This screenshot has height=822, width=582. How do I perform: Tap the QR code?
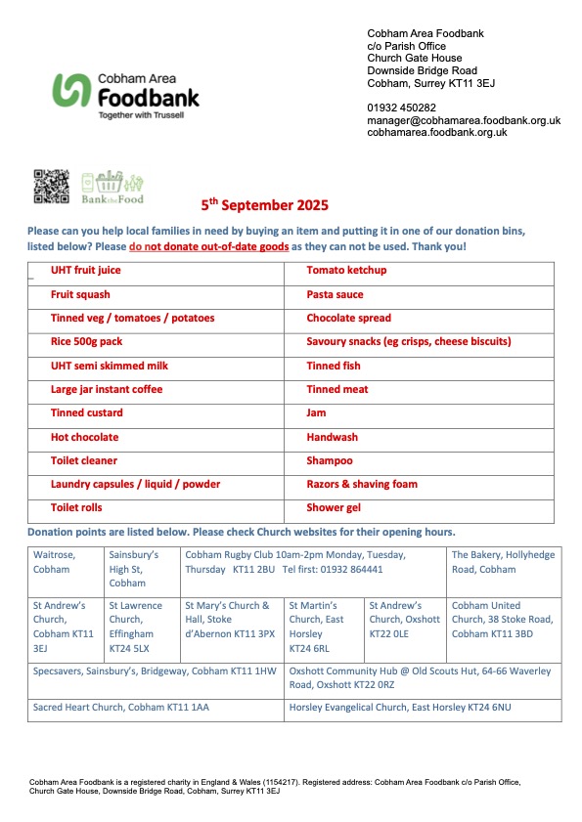pyautogui.click(x=52, y=187)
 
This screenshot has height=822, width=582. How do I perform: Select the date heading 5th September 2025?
pyautogui.click(x=264, y=205)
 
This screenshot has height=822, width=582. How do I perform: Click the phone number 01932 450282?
pyautogui.click(x=401, y=108)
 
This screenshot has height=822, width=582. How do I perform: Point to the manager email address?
pyautogui.click(x=463, y=120)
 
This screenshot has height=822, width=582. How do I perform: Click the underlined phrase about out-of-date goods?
pyautogui.click(x=208, y=247)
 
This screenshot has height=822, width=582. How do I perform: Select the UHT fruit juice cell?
pyautogui.click(x=86, y=271)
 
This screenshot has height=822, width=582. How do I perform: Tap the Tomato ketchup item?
pyautogui.click(x=346, y=271)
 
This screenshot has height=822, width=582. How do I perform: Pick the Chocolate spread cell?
pyautogui.click(x=348, y=318)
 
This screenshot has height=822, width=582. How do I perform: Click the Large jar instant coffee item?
pyautogui.click(x=107, y=389)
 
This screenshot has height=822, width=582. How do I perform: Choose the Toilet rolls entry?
pyautogui.click(x=76, y=508)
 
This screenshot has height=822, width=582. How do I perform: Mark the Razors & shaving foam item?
pyautogui.click(x=362, y=484)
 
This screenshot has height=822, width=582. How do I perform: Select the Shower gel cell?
pyautogui.click(x=334, y=508)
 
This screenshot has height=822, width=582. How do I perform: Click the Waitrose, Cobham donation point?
pyautogui.click(x=53, y=562)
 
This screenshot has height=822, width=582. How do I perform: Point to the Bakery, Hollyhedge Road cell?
pyautogui.click(x=502, y=562)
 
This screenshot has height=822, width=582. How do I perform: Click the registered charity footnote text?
pyautogui.click(x=276, y=787)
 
